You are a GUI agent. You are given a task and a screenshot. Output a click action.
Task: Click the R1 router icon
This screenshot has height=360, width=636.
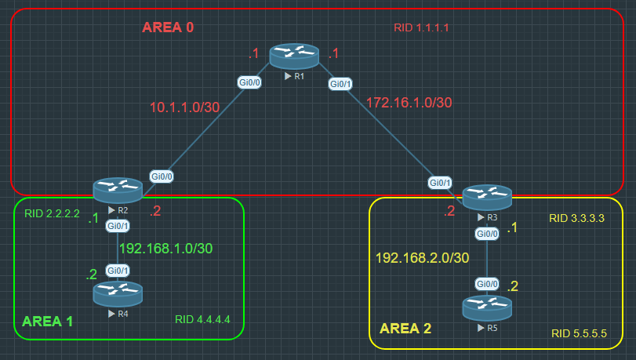294,56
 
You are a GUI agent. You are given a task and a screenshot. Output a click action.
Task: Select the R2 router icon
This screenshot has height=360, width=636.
118,190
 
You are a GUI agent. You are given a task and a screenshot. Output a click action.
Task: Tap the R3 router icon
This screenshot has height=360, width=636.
487,196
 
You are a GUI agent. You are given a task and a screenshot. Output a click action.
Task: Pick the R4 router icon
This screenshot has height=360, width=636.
118,294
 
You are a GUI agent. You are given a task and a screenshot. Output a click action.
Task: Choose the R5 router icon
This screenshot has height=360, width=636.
487,307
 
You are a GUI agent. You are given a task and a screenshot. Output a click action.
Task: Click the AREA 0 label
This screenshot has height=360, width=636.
168,27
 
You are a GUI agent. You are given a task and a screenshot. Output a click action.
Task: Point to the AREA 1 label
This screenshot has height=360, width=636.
48,322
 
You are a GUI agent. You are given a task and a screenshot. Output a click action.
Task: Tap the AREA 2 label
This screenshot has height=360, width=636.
405,328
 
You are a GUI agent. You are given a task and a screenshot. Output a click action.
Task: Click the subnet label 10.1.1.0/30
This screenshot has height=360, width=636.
185,107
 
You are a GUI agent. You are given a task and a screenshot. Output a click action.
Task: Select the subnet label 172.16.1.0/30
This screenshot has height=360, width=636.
409,102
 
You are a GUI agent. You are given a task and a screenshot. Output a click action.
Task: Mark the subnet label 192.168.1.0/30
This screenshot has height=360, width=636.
165,248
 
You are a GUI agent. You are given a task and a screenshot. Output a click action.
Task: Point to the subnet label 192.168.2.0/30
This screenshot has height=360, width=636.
422,257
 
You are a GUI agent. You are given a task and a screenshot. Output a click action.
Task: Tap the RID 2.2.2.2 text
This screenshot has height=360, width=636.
53,213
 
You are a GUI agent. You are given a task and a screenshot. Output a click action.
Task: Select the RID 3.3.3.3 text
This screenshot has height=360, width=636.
576,219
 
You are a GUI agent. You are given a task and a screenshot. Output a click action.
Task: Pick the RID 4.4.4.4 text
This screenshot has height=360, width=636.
202,319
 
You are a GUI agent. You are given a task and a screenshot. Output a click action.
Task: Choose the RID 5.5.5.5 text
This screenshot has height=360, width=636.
579,333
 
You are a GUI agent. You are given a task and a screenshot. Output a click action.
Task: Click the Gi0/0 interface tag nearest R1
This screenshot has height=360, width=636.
249,81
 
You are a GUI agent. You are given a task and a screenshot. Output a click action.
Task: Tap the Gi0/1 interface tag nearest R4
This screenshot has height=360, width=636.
118,271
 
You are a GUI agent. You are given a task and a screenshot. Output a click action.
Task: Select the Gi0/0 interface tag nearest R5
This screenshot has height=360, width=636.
487,284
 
